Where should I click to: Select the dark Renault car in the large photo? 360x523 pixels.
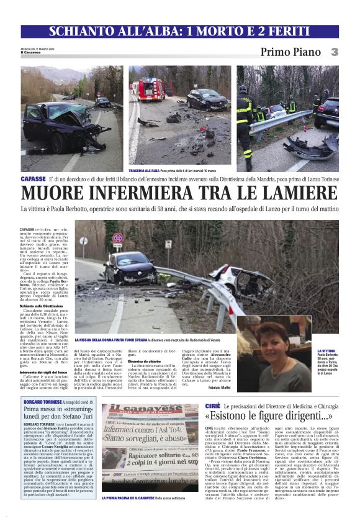[130, 268]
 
